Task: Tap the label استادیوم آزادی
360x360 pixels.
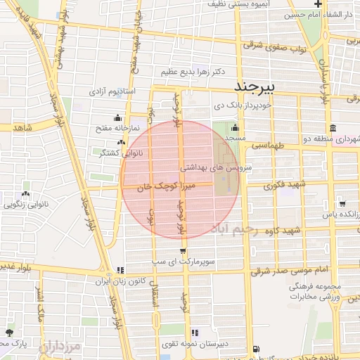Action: pos(111,92)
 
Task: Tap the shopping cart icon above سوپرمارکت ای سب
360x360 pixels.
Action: pos(184,251)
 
